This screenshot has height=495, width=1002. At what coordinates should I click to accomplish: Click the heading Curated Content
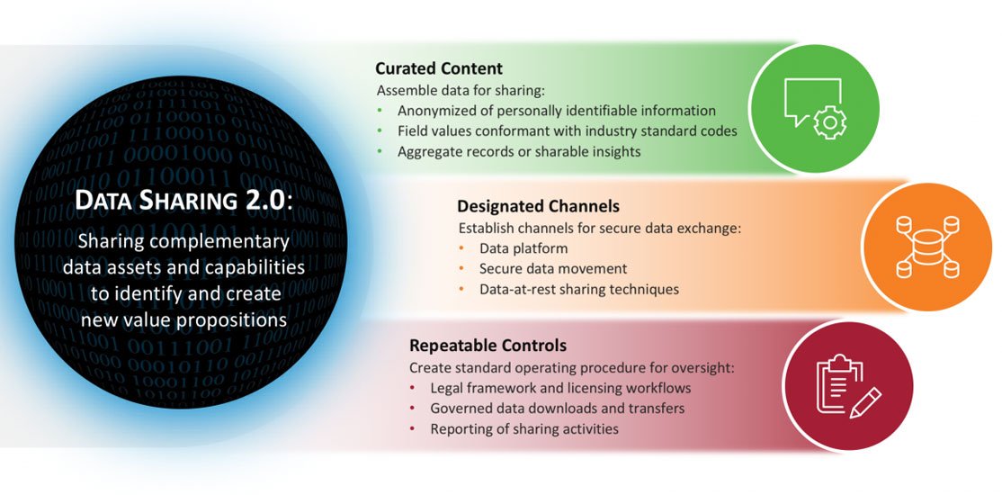439,68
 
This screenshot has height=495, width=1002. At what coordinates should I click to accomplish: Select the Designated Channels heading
538,207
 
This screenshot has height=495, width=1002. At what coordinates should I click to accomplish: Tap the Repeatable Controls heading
488,346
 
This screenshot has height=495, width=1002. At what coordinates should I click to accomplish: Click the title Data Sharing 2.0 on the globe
183,201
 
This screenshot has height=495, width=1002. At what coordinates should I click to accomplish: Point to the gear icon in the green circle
830,121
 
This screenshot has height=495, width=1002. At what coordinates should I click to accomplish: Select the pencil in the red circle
865,403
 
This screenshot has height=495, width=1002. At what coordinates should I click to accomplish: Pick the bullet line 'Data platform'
523,248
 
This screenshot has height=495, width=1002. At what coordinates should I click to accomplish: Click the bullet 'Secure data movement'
553,268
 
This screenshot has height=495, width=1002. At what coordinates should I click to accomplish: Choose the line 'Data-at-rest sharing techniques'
579,289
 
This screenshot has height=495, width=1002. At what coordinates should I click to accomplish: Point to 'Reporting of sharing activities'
524,428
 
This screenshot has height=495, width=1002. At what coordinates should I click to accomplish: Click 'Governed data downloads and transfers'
558,408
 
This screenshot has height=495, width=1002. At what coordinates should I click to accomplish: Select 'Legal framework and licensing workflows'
560,388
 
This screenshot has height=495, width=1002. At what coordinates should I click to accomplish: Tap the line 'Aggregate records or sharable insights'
519,151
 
